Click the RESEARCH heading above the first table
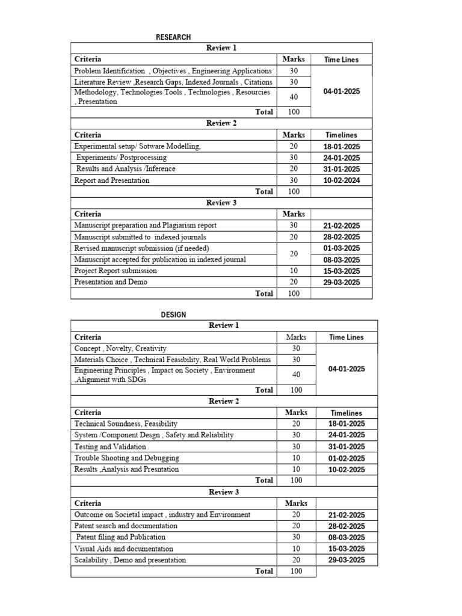pos(173,37)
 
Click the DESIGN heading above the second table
pos(173,315)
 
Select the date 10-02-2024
pos(341,180)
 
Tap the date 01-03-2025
pos(341,248)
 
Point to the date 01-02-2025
pos(346,458)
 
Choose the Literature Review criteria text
pos(173,82)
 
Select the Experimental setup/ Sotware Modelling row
pos(138,146)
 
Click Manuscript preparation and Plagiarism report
pos(145,225)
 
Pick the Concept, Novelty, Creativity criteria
pos(120,348)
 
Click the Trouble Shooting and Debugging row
pos(126,458)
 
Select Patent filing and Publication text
pos(120,537)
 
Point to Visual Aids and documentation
pos(123,549)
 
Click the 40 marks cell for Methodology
pos(294,97)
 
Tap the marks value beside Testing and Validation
pos(296,447)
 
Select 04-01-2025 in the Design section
pos(346,369)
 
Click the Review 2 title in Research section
pos(221,123)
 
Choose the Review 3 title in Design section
pos(224,492)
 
